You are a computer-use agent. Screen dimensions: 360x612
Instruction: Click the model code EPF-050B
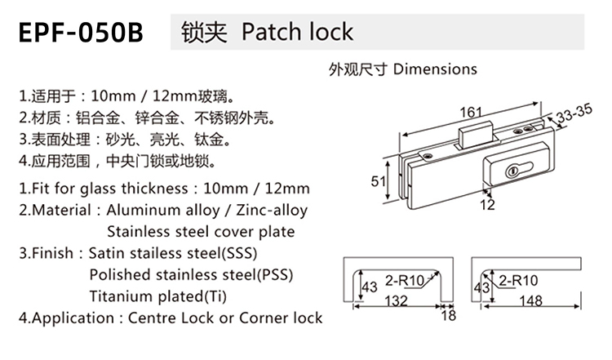click(x=80, y=33)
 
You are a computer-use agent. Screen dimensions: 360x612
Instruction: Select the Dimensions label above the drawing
click(x=435, y=69)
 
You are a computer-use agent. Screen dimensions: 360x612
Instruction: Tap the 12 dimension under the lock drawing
click(x=487, y=206)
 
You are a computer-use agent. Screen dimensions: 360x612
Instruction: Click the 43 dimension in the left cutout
click(x=369, y=287)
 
